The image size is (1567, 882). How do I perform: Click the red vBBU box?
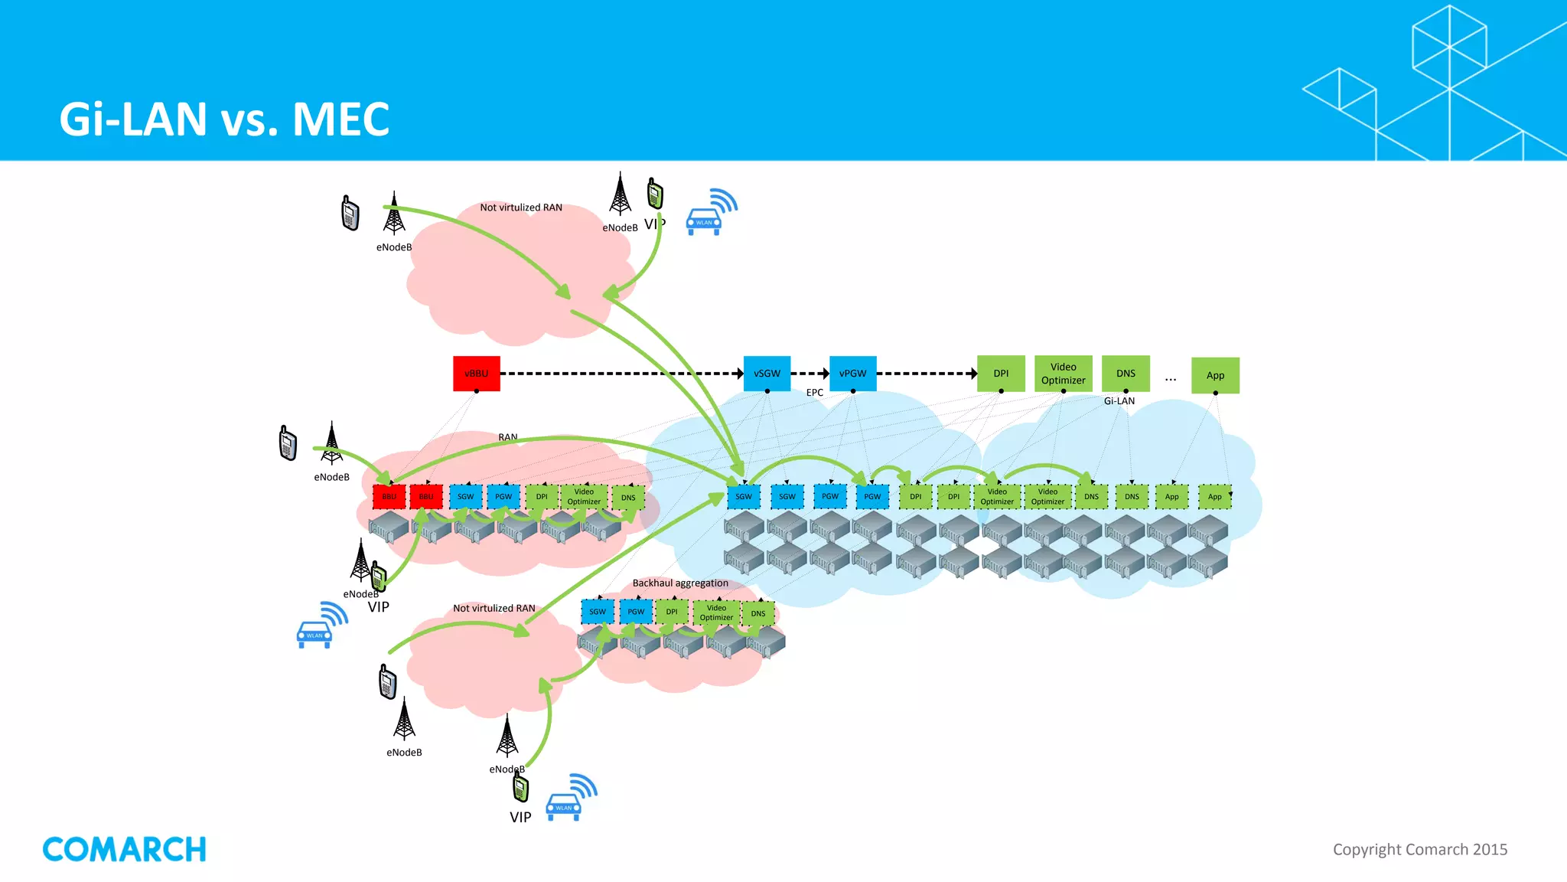(x=476, y=374)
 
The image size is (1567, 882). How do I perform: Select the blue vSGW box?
(x=767, y=374)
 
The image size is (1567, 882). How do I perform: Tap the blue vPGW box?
(x=852, y=374)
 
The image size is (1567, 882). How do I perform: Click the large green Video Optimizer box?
(x=1063, y=374)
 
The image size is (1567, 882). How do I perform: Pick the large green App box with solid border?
(x=1215, y=375)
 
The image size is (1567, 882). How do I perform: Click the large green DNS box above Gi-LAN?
(x=1126, y=374)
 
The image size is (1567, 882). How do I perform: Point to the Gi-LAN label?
(x=1119, y=401)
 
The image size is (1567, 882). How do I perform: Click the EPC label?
(x=814, y=393)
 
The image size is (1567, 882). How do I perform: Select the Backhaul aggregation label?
(x=679, y=583)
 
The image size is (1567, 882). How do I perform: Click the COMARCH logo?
(x=124, y=849)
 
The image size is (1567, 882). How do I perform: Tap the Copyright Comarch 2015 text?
(x=1419, y=849)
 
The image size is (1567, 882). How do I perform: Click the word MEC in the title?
(x=340, y=119)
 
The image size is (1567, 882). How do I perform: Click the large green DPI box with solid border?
(x=1001, y=374)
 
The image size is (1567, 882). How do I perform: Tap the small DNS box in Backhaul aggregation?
(x=757, y=613)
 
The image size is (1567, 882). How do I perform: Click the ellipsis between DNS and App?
(x=1171, y=378)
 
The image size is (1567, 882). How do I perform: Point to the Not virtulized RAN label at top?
(x=520, y=207)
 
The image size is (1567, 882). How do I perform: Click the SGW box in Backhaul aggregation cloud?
(x=598, y=612)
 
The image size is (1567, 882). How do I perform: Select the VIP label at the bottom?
(x=520, y=818)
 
